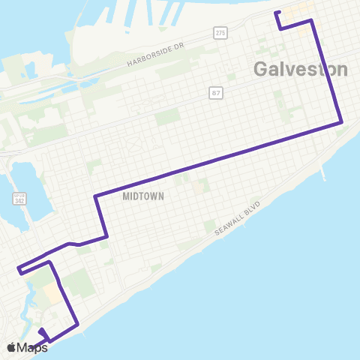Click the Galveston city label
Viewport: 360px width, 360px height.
[301, 69]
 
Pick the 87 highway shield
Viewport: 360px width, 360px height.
[215, 92]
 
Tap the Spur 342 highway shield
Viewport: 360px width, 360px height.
[19, 199]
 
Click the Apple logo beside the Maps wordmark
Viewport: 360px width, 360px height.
[12, 347]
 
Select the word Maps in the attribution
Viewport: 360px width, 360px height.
[34, 347]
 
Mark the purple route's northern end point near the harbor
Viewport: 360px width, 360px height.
[277, 12]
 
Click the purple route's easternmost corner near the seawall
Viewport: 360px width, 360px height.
[342, 122]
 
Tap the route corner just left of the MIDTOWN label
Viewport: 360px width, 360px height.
[96, 197]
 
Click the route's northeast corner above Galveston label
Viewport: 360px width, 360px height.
[312, 21]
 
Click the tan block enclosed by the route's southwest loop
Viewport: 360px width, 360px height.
[52, 293]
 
